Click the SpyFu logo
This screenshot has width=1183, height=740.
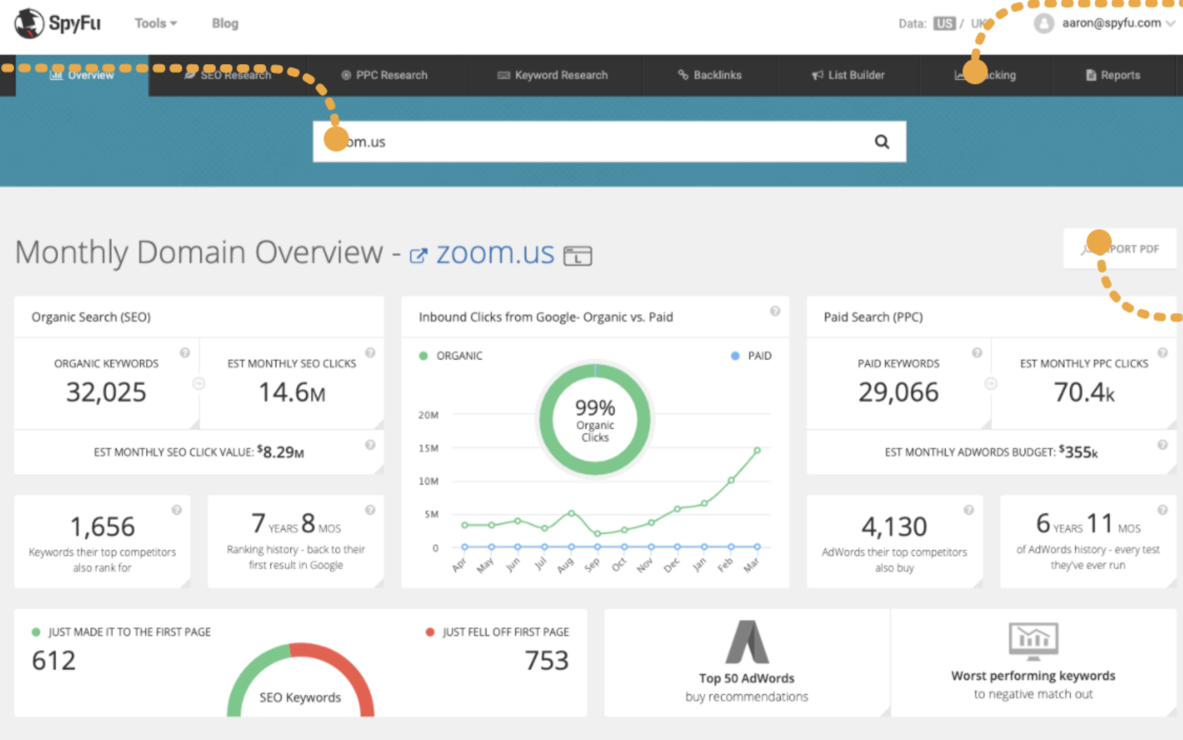(57, 23)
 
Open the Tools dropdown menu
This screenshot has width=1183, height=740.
(156, 23)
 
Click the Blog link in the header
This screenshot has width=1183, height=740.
(225, 23)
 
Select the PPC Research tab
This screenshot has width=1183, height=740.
(384, 75)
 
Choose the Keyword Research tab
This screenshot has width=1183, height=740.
(553, 75)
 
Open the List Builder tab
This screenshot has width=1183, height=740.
(848, 75)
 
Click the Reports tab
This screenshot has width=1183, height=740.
(1113, 75)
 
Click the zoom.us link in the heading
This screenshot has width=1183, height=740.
(495, 253)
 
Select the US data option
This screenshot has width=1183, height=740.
(944, 23)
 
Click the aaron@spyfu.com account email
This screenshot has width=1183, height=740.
(1111, 23)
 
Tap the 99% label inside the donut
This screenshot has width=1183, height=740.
(595, 407)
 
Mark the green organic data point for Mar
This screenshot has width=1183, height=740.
(757, 450)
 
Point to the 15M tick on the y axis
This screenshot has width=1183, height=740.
(428, 448)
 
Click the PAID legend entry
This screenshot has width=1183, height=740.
(759, 356)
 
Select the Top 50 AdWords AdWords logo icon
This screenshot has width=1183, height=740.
(746, 642)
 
